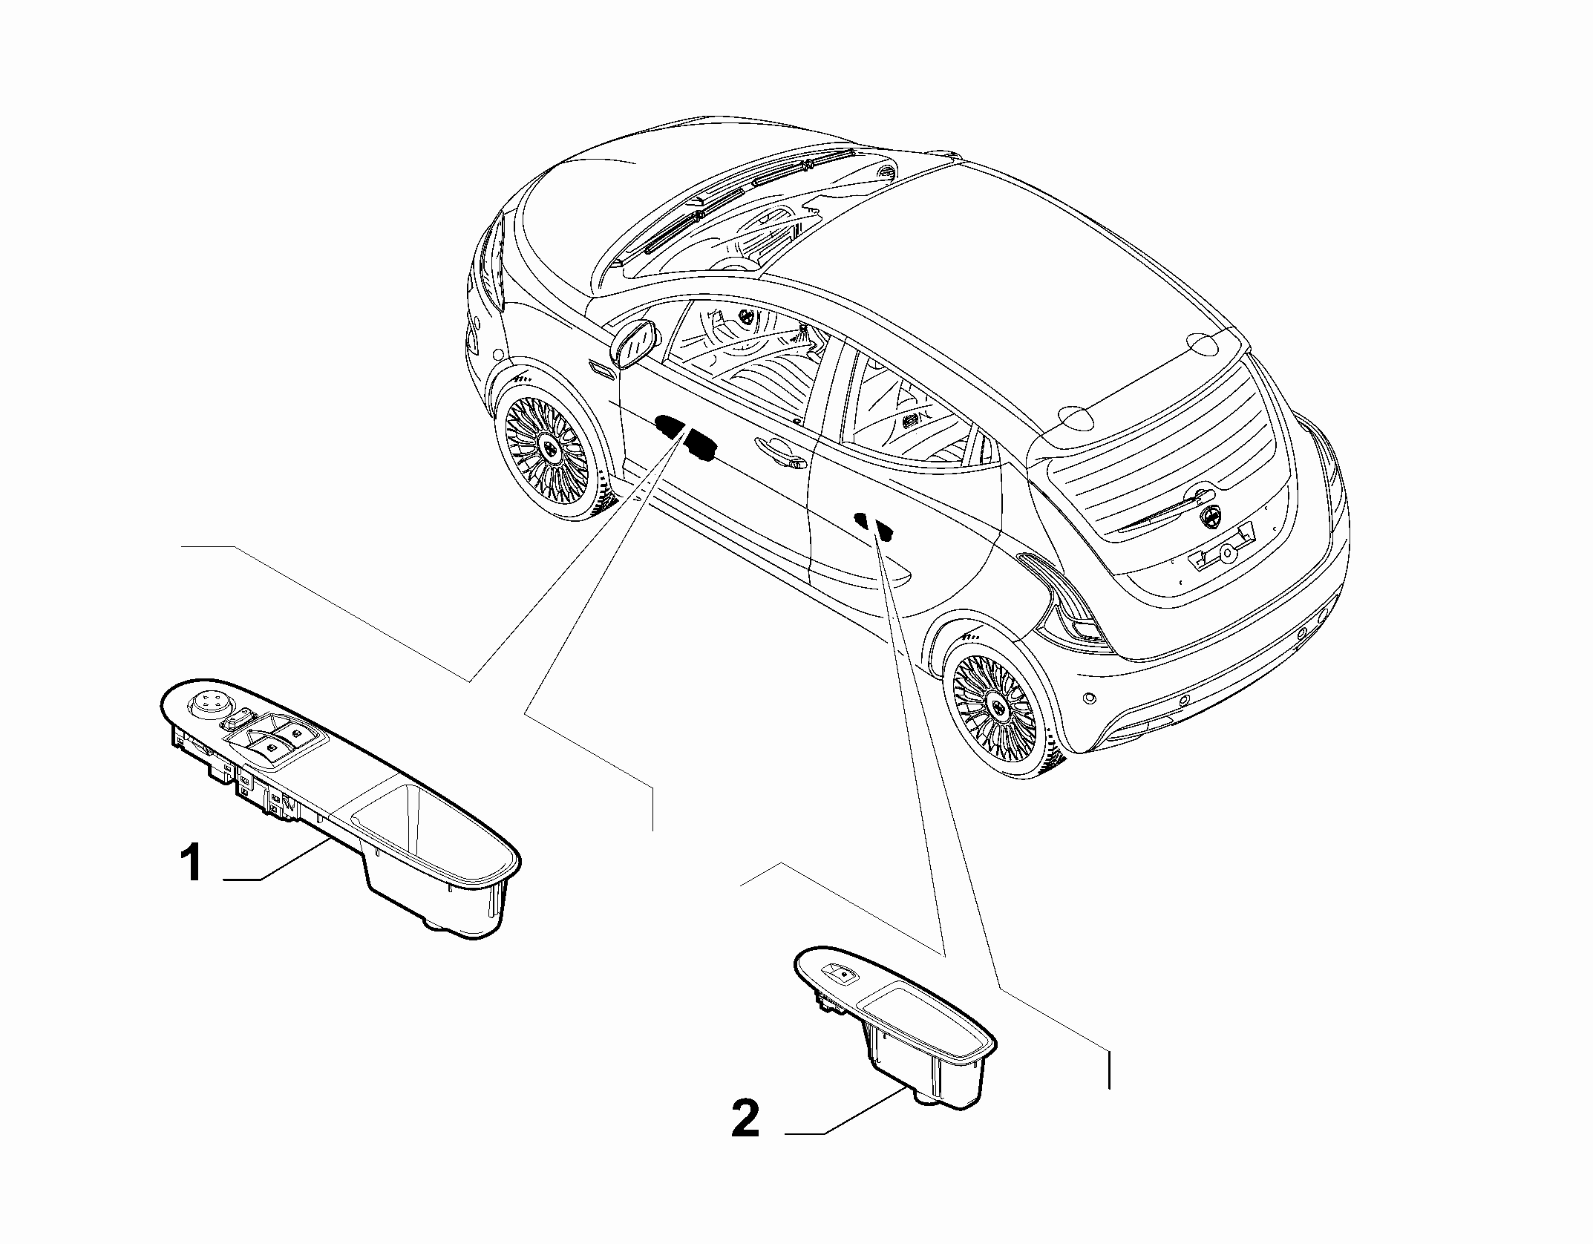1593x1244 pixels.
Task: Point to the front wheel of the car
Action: tap(546, 445)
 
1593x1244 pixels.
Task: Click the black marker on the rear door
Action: tap(874, 524)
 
